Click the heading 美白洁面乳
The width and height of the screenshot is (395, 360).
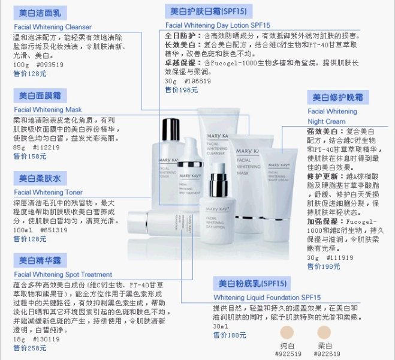point(40,13)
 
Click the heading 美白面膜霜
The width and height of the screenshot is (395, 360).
point(40,96)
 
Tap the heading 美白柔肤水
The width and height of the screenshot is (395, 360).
point(40,179)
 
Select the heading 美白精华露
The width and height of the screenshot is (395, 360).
point(40,260)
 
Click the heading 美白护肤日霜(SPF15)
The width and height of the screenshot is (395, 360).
point(208,11)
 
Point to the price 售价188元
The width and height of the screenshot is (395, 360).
point(230,335)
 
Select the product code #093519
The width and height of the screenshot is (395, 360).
point(49,65)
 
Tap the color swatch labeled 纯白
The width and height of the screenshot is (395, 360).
point(288,332)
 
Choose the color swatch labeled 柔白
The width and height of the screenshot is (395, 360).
point(324,332)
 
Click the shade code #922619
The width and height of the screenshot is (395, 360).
point(325,354)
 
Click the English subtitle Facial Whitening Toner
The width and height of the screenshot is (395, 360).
point(49,193)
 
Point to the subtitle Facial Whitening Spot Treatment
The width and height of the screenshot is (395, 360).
point(62,275)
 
